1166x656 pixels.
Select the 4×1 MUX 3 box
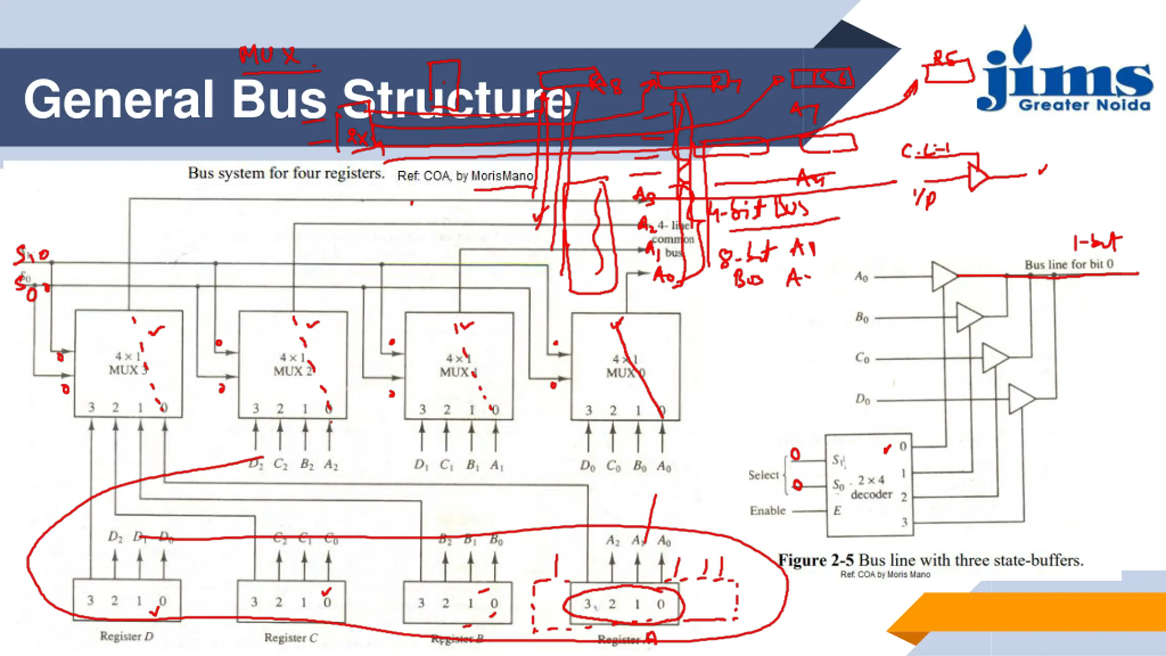[x=129, y=364]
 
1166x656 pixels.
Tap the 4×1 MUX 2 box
[x=293, y=364]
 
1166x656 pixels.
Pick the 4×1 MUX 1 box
[x=459, y=365]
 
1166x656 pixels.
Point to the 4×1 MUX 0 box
[x=626, y=366]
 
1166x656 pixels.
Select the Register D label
[x=127, y=636]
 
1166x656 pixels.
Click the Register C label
[x=291, y=637]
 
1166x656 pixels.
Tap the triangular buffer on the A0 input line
[x=944, y=276]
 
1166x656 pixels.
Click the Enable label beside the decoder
[x=767, y=511]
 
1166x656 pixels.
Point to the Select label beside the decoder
[x=763, y=475]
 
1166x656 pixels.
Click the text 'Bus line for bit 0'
[x=1069, y=264]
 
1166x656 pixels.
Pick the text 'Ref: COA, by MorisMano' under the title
[x=465, y=176]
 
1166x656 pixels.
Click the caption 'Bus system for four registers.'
[x=286, y=173]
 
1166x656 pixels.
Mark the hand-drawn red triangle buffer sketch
[x=977, y=177]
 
